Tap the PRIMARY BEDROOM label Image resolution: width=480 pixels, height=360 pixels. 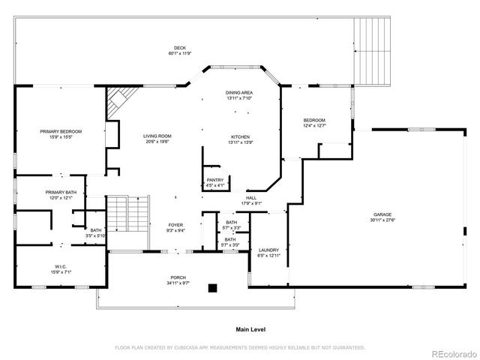61,131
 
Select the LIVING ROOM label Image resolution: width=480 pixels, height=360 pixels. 157,136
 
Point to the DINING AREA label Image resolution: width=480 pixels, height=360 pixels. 239,92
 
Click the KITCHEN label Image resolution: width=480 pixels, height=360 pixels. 239,136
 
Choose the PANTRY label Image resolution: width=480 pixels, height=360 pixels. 215,180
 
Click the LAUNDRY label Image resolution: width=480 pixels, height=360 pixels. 268,250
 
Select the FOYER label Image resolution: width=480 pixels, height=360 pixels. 175,225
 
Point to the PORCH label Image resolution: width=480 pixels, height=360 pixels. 177,278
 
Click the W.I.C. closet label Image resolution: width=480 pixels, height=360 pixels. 61,266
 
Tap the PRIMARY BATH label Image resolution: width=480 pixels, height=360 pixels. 60,192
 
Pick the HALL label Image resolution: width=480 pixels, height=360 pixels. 250,198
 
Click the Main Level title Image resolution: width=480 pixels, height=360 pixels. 250,329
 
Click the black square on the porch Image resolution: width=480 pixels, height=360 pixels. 213,287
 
